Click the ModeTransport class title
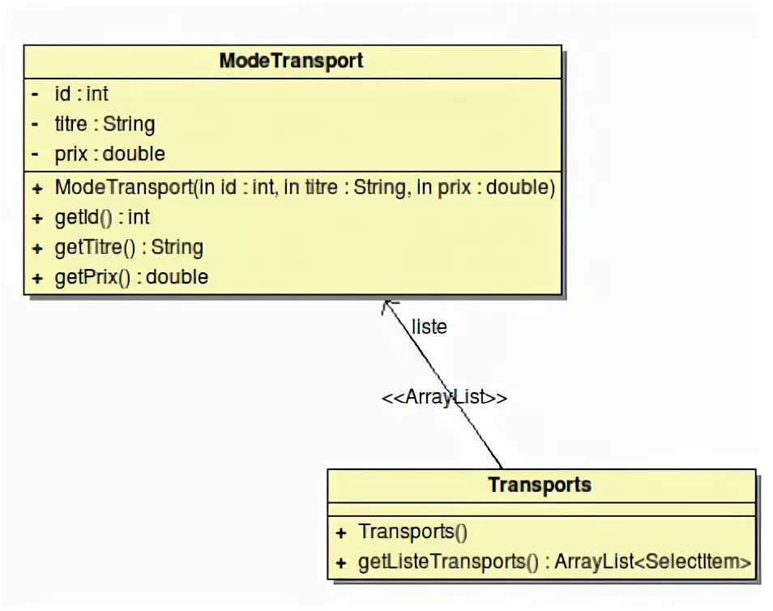[x=291, y=61]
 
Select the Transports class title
[x=540, y=485]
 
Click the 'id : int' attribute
[x=81, y=95]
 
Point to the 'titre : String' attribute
[x=105, y=124]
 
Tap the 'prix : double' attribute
[x=109, y=154]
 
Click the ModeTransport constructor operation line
[x=305, y=188]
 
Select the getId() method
[x=102, y=217]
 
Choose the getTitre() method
[x=129, y=247]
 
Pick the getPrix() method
[x=131, y=277]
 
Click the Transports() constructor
[x=413, y=532]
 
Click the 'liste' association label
[x=429, y=327]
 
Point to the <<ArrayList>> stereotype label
[x=445, y=398]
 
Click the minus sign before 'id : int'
[x=36, y=95]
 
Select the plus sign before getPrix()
[x=37, y=278]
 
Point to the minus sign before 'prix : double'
[x=36, y=154]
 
